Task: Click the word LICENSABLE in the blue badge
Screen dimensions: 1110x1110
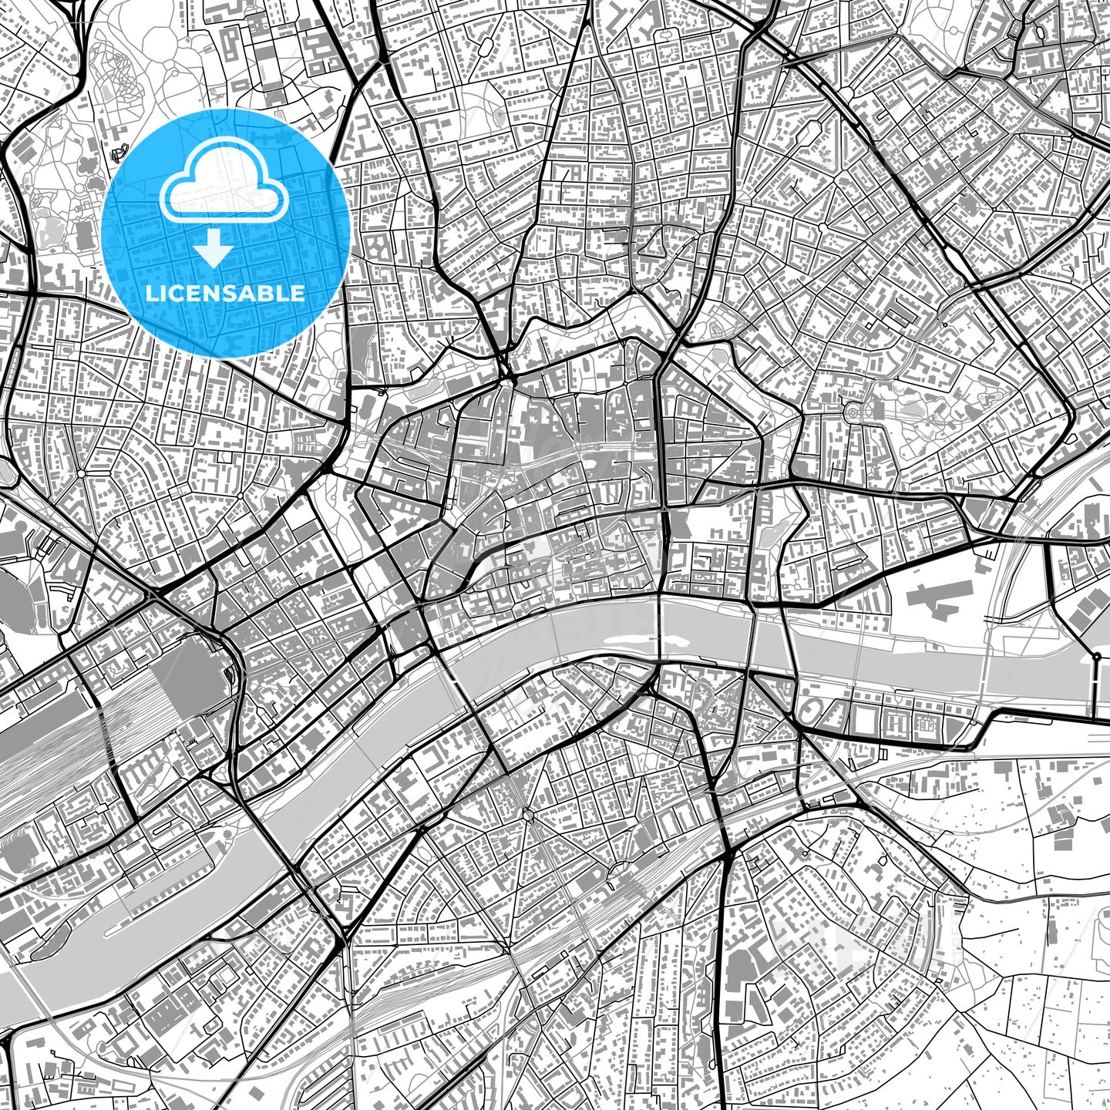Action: click(225, 293)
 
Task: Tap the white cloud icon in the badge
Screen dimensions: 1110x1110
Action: click(224, 189)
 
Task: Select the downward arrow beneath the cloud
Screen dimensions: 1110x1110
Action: click(214, 248)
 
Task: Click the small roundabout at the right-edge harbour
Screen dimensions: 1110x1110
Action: click(1095, 656)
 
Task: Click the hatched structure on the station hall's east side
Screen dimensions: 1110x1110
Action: click(230, 675)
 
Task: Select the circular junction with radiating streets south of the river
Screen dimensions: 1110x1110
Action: click(527, 815)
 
